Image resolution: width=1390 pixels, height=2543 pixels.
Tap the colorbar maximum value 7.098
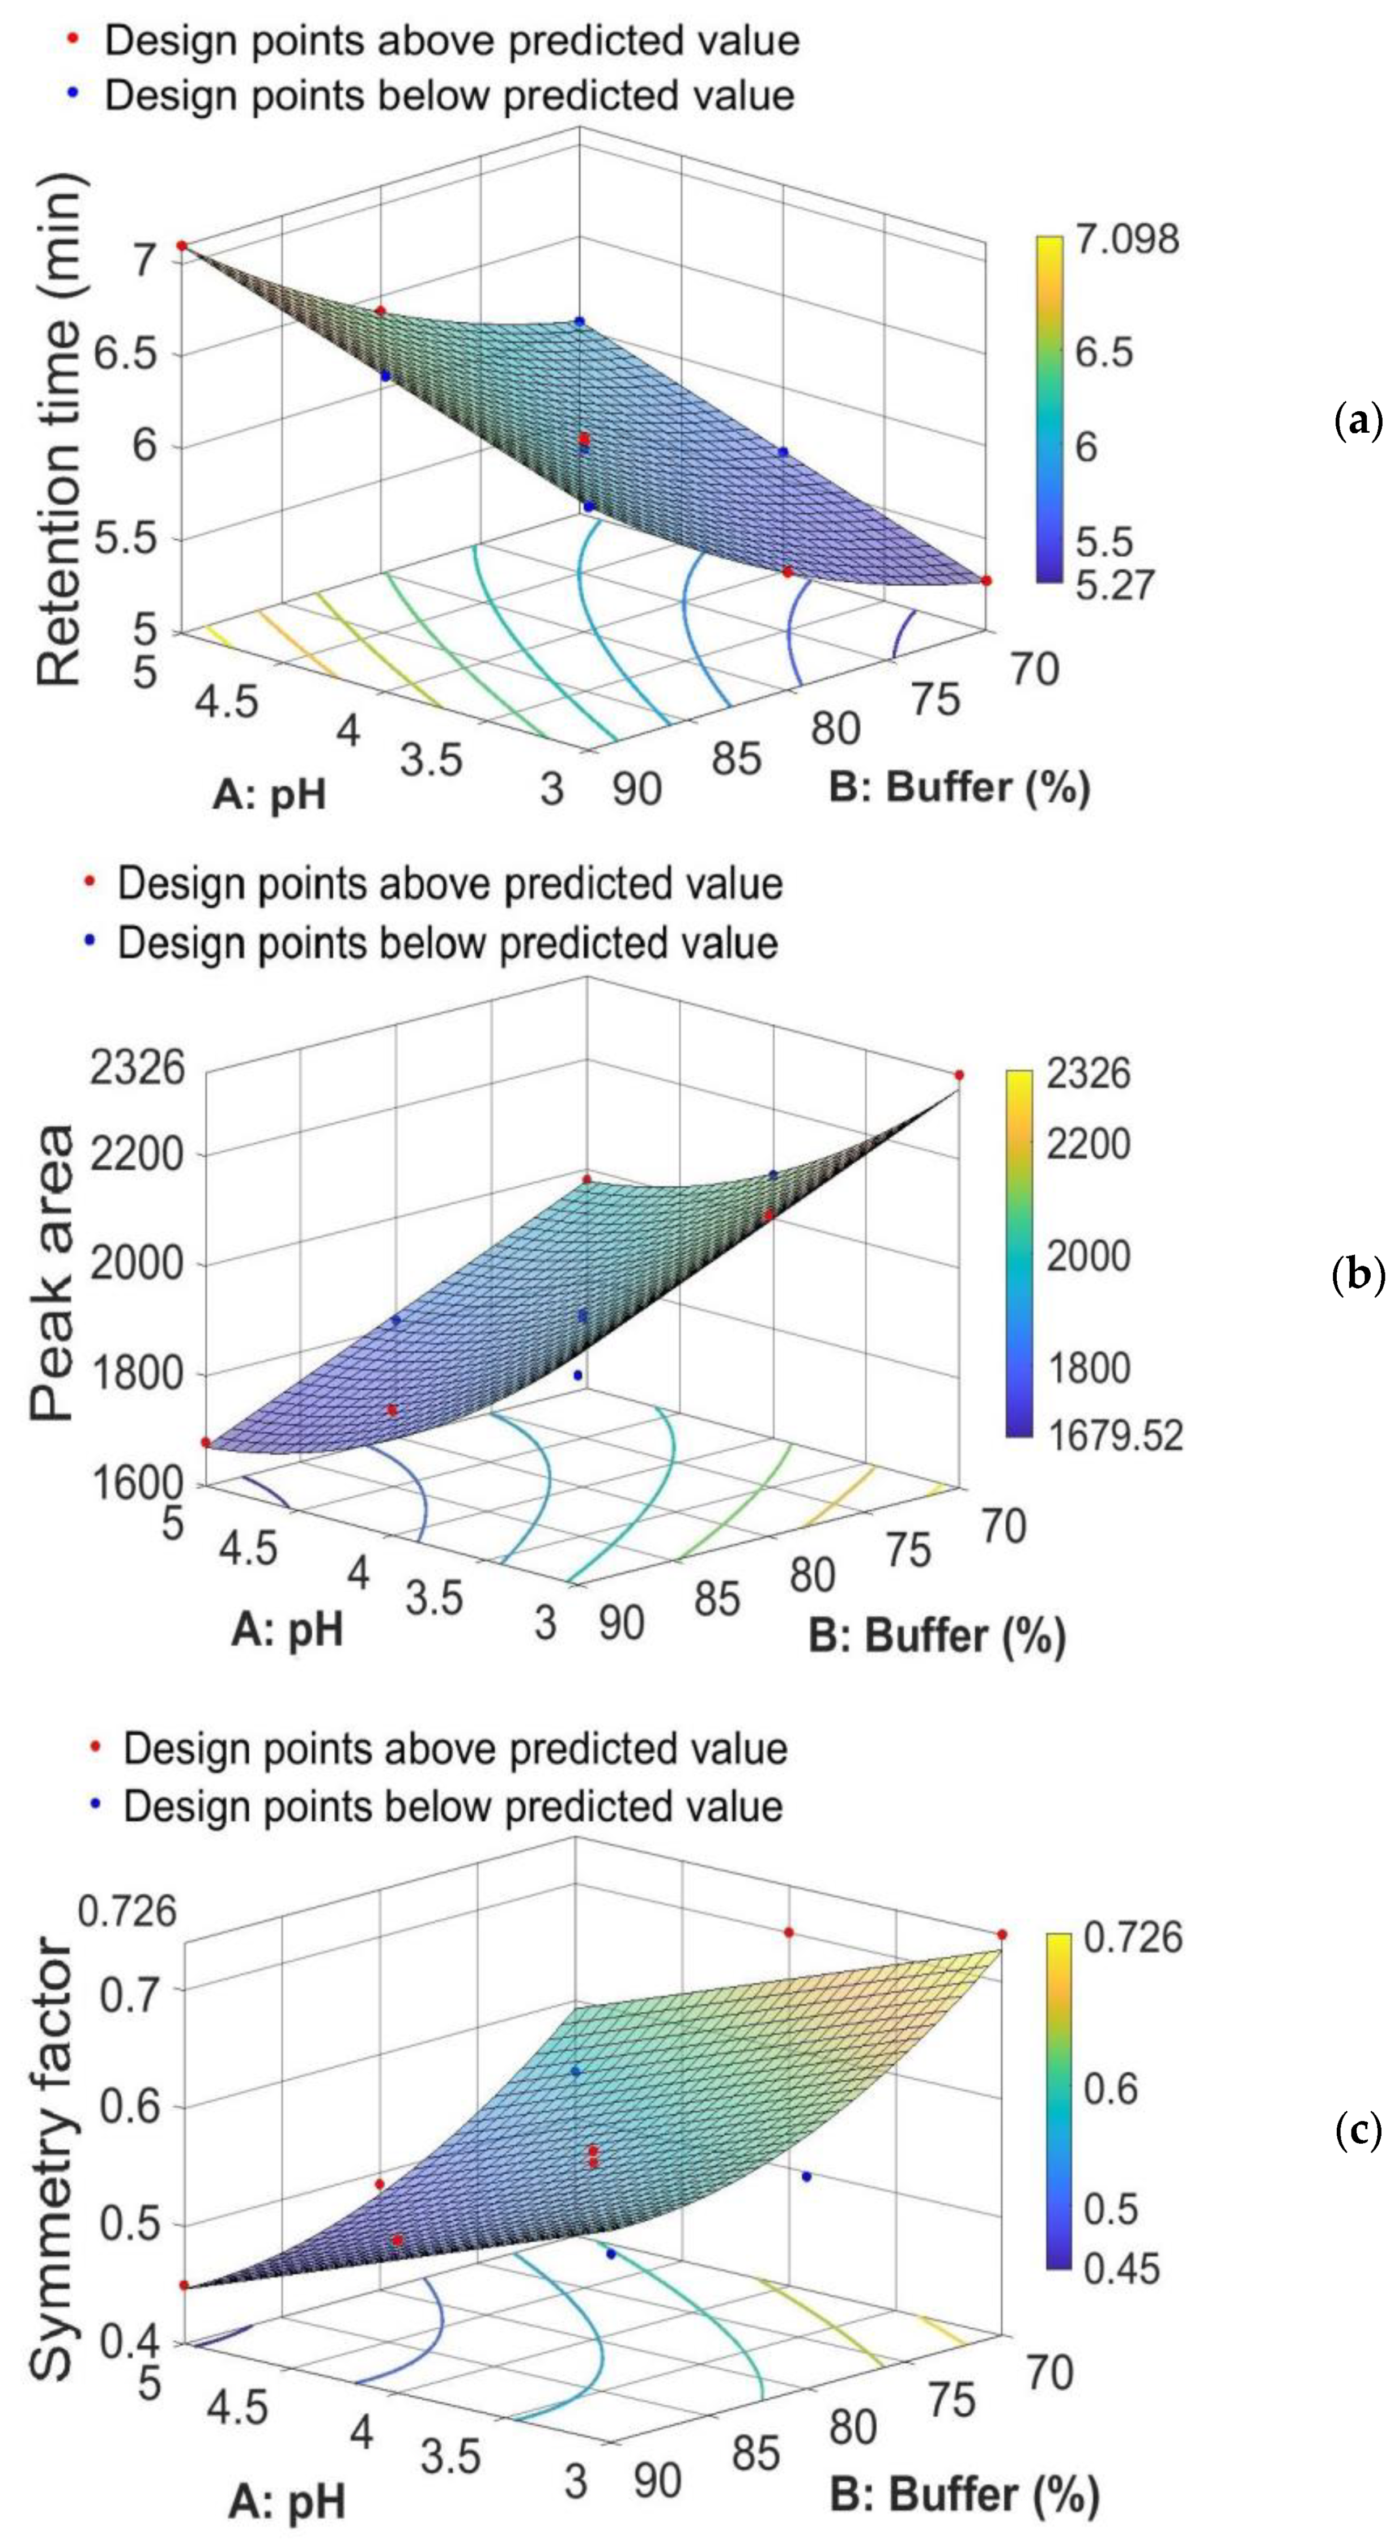(x=1127, y=239)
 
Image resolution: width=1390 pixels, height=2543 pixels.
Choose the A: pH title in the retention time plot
(x=269, y=793)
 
